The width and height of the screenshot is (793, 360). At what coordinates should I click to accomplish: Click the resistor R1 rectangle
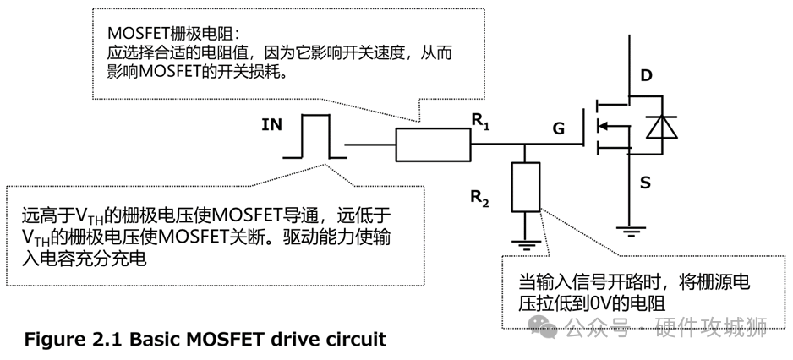coord(434,145)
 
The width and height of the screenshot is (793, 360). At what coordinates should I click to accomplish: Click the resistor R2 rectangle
coord(525,188)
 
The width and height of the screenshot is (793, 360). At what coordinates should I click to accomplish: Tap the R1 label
coord(480,120)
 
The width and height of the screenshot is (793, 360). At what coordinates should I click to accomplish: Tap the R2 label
coord(481,200)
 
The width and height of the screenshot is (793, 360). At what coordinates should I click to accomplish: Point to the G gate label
coord(558,128)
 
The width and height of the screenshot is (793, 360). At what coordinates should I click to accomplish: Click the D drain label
coord(647,77)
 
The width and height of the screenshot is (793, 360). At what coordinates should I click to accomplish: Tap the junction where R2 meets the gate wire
coord(525,145)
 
